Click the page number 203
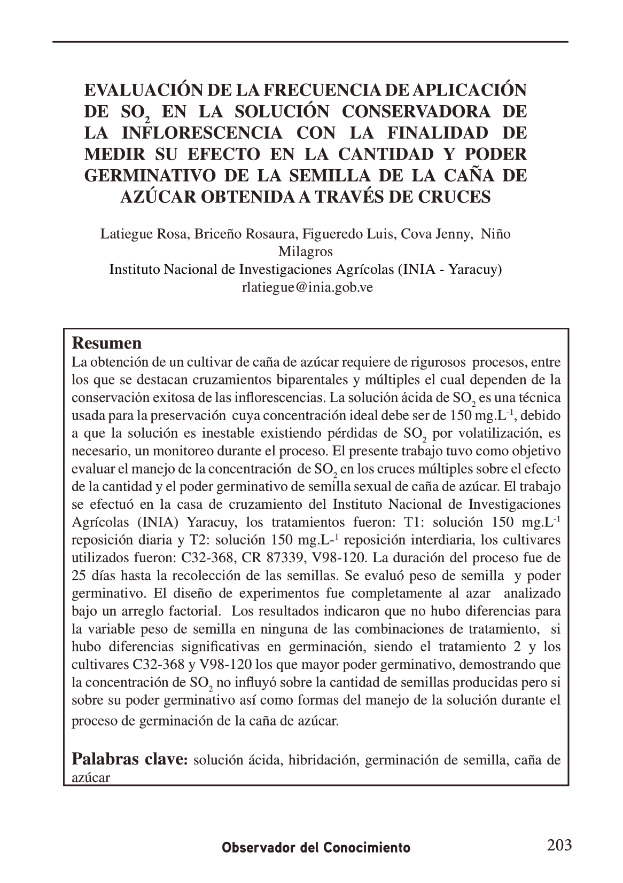click(559, 845)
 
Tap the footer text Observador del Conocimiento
click(316, 848)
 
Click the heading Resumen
click(107, 343)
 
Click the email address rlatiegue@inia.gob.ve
click(307, 287)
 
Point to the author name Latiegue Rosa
click(144, 234)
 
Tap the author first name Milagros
click(306, 251)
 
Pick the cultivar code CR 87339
click(271, 558)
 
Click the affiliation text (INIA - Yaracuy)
click(449, 270)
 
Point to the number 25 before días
click(79, 575)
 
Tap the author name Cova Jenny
click(435, 234)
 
